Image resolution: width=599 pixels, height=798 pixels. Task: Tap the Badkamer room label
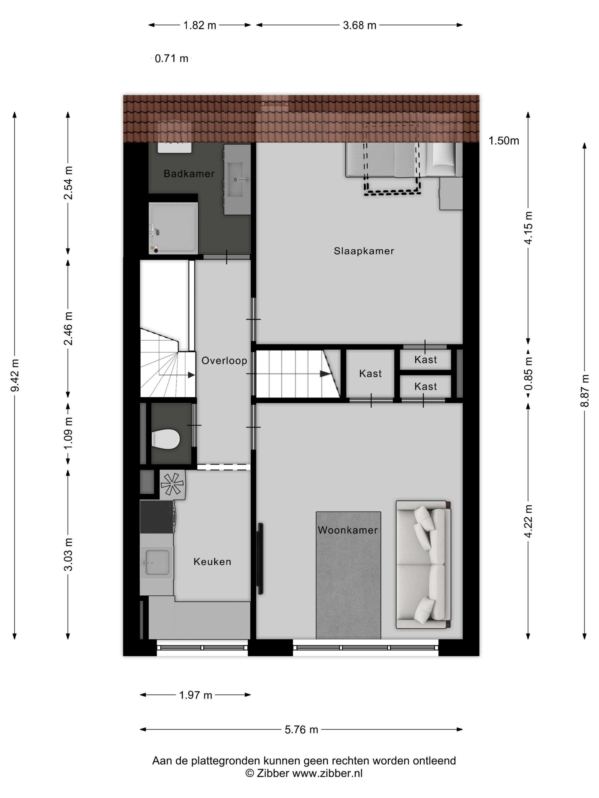pyautogui.click(x=189, y=174)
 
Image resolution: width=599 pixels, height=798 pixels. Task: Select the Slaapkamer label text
pyautogui.click(x=364, y=251)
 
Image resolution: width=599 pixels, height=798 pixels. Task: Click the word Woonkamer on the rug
pyautogui.click(x=347, y=530)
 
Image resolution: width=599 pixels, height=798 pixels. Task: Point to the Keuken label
pyautogui.click(x=212, y=561)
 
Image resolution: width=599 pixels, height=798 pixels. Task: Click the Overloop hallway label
pyautogui.click(x=224, y=361)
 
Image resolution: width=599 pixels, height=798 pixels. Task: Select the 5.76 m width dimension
pyautogui.click(x=301, y=729)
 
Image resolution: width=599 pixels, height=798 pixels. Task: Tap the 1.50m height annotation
pyautogui.click(x=503, y=141)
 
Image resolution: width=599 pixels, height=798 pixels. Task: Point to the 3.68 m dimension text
pyautogui.click(x=359, y=25)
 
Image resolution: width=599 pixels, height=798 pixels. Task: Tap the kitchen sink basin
pyautogui.click(x=157, y=562)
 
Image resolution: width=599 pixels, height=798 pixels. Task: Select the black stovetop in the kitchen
pyautogui.click(x=156, y=517)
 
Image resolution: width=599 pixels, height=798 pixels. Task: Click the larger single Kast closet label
pyautogui.click(x=370, y=373)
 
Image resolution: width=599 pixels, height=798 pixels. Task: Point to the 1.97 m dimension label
pyautogui.click(x=195, y=695)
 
